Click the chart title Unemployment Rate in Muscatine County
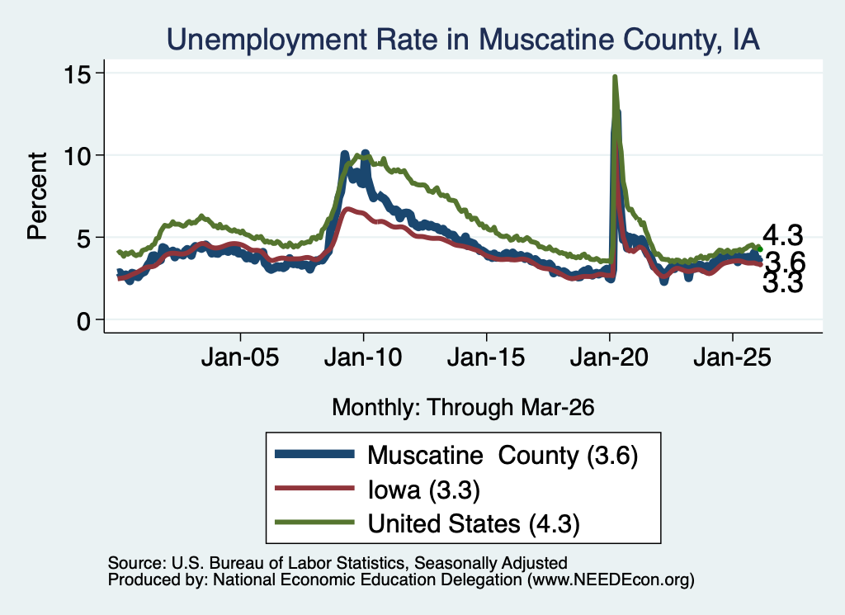[463, 40]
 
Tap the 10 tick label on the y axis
[77, 156]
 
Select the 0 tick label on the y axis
[83, 321]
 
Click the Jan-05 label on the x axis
[240, 357]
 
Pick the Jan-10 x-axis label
[363, 357]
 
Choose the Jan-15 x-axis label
[486, 357]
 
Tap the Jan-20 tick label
[609, 357]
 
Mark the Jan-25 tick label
[733, 357]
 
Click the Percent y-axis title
[38, 196]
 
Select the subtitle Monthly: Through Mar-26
[463, 408]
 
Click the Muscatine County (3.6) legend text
[503, 456]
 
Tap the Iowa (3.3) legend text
[423, 490]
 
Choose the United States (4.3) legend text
[474, 524]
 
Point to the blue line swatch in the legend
[314, 454]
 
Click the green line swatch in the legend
[314, 523]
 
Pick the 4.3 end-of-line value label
[782, 235]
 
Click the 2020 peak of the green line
[614, 77]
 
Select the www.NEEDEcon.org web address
[611, 580]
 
